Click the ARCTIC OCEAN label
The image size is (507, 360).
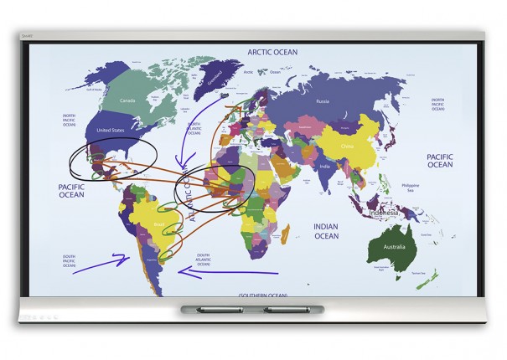pos(272,52)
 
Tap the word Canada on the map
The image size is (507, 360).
pos(127,101)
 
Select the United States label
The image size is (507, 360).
pos(111,131)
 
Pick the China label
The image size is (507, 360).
pos(348,145)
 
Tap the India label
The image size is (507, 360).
pos(323,165)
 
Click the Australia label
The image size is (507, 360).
pos(391,248)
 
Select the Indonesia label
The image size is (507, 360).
pos(388,212)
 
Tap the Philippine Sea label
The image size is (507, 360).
pos(409,188)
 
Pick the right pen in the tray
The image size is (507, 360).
pos(285,311)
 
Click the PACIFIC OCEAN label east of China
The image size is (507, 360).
pos(440,161)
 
